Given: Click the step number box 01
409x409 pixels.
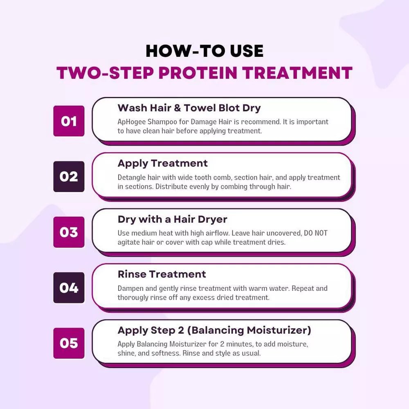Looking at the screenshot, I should pos(69,121).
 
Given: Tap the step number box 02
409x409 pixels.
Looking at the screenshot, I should pos(69,177).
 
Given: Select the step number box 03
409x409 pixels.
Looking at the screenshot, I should pos(69,232).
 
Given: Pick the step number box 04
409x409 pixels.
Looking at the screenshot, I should pos(69,288).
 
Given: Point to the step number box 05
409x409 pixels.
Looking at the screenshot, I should pos(69,343).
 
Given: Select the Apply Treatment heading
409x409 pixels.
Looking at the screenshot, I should pos(162,163).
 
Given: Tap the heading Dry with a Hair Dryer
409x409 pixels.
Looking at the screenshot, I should pos(172,219).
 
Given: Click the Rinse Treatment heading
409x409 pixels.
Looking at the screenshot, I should pos(162,274).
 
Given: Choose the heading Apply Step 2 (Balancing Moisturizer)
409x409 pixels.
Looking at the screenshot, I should pos(214,330).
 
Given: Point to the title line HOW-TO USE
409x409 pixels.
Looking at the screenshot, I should pos(204,51).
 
